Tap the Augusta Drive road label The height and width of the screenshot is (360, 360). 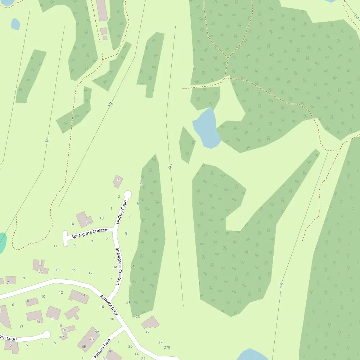[x=109, y=304]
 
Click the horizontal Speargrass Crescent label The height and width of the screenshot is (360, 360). [x=90, y=233]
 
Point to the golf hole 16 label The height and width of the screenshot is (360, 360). [x=170, y=167]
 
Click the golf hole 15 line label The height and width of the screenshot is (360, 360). [x=282, y=285]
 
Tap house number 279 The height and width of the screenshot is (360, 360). [x=167, y=347]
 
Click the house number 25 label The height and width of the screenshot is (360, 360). [x=147, y=331]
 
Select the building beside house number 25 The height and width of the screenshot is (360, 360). [x=150, y=322]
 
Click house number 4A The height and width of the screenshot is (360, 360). [x=97, y=332]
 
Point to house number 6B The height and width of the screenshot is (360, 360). [x=84, y=347]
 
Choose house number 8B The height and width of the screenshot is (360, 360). [x=110, y=351]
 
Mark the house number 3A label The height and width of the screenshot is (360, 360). [x=115, y=267]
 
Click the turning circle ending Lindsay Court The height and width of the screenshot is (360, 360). [x=127, y=194]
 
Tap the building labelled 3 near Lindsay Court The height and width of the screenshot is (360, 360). [x=118, y=181]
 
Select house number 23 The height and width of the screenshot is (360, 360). [x=138, y=316]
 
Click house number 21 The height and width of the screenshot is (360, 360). [x=128, y=302]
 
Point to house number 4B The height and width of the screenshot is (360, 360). [x=91, y=339]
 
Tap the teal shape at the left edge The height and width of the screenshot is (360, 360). [x=2, y=242]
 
